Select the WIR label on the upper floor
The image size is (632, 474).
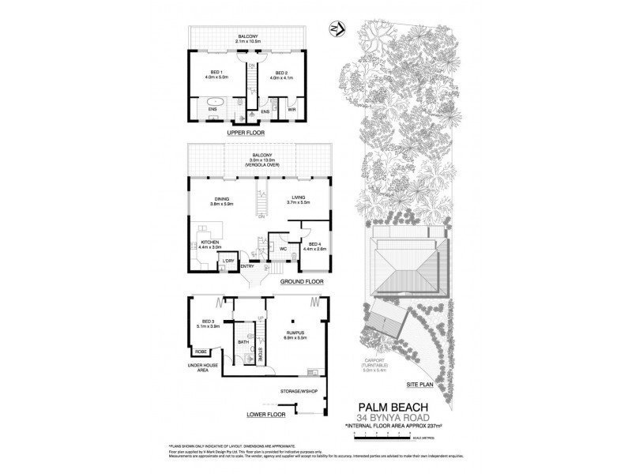(x=291, y=110)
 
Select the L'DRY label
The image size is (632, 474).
(x=229, y=261)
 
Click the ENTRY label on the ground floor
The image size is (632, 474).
(x=246, y=266)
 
